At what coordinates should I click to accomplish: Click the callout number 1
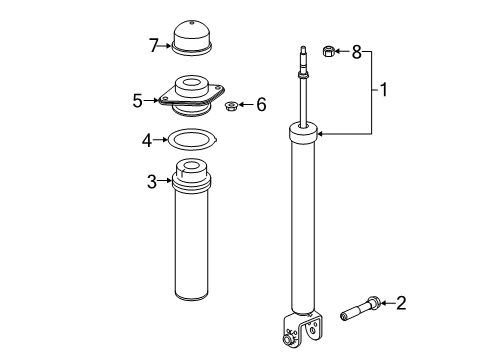coord(382,90)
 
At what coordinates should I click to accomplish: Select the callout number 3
coord(151,180)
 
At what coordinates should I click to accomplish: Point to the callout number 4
coord(147,140)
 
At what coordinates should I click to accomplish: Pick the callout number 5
coord(139,99)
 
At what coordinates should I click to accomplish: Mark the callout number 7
coord(153,45)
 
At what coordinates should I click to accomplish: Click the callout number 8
coord(356,50)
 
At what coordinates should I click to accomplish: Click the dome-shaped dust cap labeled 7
coord(192,38)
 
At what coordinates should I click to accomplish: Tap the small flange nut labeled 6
coord(231,104)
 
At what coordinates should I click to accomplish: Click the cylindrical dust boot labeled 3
coord(192,240)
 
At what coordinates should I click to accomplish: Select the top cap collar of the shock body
coord(303,129)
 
